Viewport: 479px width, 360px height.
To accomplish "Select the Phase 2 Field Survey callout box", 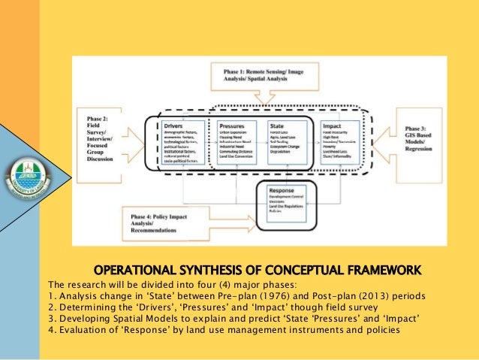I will pyautogui.click(x=100, y=138).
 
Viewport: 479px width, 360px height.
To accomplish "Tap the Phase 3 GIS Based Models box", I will pyautogui.click(x=420, y=139).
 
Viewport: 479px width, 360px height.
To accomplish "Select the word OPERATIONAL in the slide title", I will pyautogui.click(x=143, y=269).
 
